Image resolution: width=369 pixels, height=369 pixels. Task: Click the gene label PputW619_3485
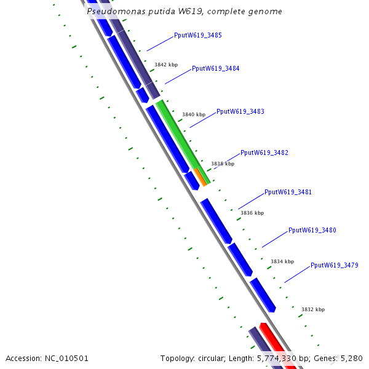pyautogui.click(x=198, y=36)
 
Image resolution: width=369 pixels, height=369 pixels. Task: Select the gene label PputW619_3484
pyautogui.click(x=216, y=69)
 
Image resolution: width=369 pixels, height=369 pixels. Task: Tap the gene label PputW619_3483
pyautogui.click(x=240, y=112)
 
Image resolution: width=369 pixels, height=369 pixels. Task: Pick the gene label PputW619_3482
pyautogui.click(x=264, y=153)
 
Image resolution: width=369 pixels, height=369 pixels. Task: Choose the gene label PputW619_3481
pyautogui.click(x=288, y=192)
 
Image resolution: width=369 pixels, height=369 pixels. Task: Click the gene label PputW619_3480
pyautogui.click(x=312, y=231)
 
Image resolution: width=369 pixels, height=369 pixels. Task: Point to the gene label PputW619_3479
pyautogui.click(x=335, y=266)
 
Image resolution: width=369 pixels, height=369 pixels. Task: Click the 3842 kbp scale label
pyautogui.click(x=166, y=65)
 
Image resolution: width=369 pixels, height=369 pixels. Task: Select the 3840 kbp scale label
pyautogui.click(x=194, y=115)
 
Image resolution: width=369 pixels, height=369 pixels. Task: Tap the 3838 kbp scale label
pyautogui.click(x=223, y=164)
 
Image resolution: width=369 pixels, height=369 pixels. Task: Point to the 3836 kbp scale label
pyautogui.click(x=252, y=213)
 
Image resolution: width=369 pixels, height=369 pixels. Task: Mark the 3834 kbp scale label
pyautogui.click(x=282, y=262)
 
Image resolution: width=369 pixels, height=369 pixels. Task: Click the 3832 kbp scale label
pyautogui.click(x=313, y=310)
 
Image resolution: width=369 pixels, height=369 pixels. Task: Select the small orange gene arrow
pyautogui.click(x=200, y=177)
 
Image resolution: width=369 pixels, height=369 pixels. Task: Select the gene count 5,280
pyautogui.click(x=351, y=359)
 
